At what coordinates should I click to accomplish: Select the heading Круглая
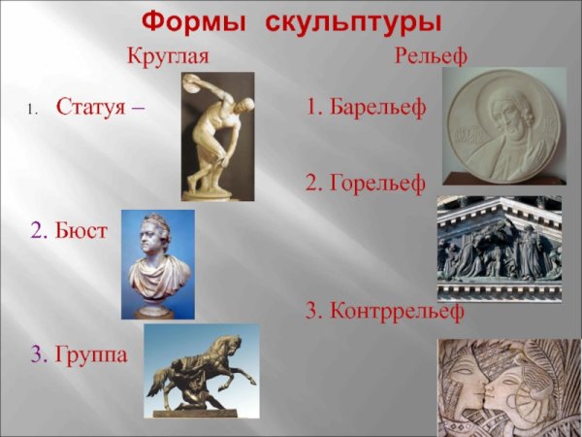tap(168, 57)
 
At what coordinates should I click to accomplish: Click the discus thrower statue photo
tap(217, 136)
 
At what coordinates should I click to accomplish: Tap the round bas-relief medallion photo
tap(502, 125)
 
